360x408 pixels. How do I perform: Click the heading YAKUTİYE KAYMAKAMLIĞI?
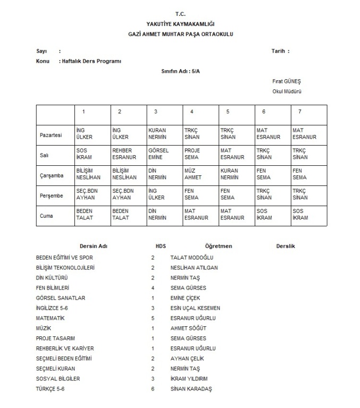(x=180, y=24)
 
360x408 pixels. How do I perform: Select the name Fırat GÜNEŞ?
(x=287, y=81)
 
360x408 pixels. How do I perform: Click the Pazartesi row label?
(x=51, y=135)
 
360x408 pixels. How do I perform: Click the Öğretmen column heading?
(x=218, y=246)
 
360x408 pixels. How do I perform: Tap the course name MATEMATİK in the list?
(x=50, y=318)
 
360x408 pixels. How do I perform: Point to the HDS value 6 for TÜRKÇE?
(x=153, y=389)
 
